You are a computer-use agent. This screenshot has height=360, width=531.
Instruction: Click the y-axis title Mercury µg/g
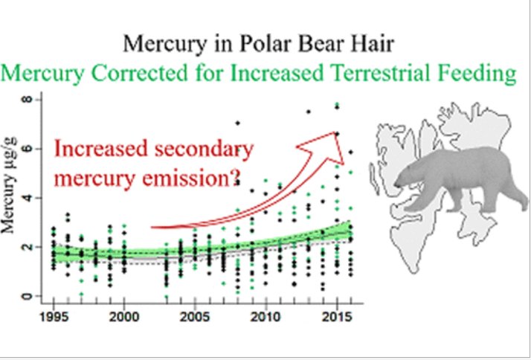point(12,198)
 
